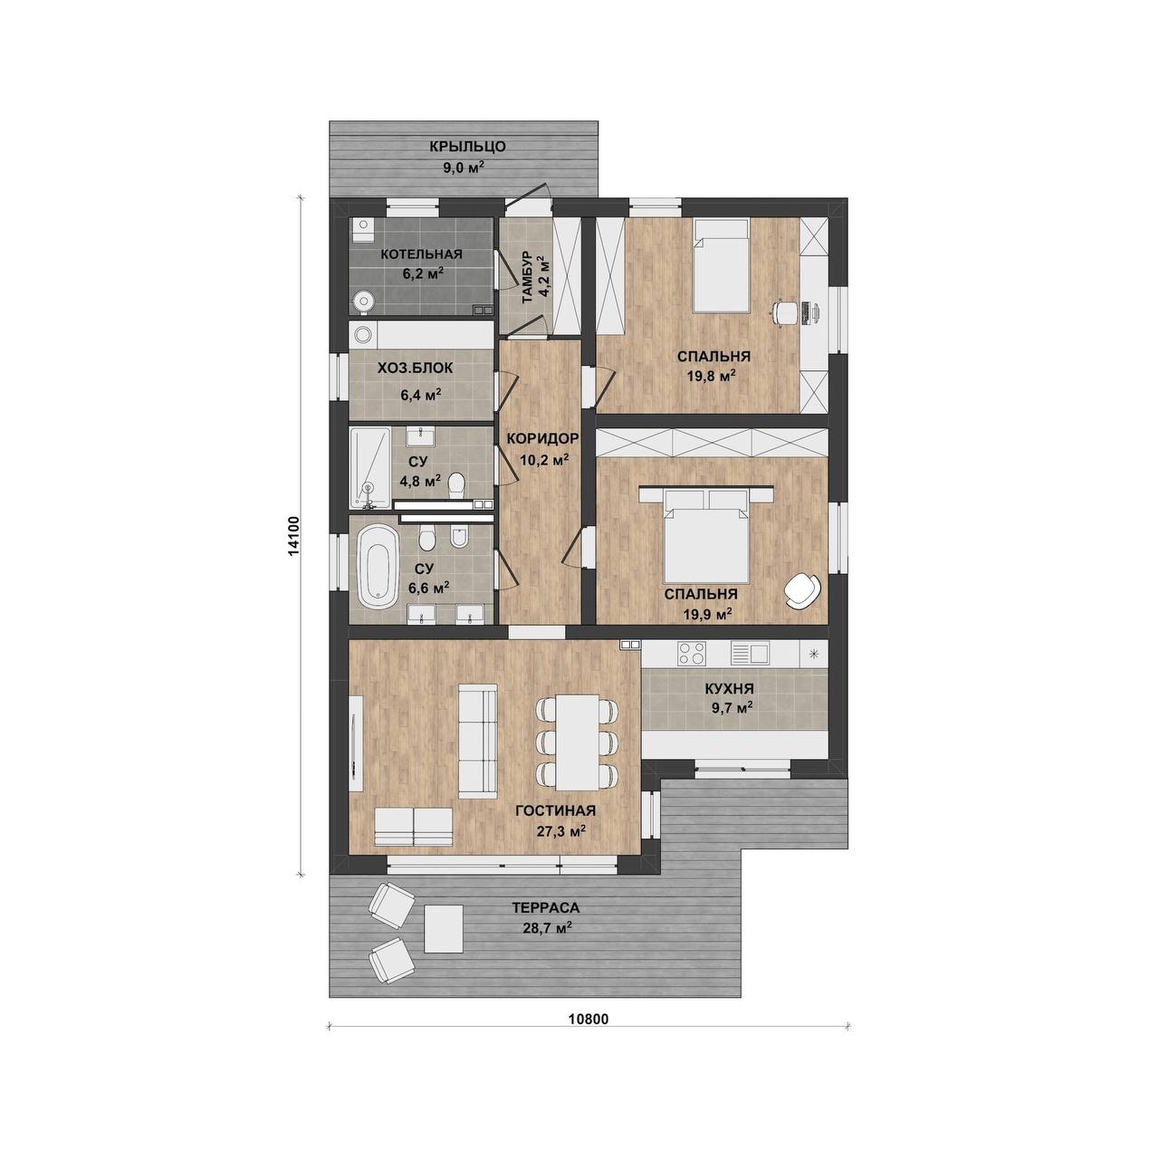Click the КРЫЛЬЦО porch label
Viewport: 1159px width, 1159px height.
467,146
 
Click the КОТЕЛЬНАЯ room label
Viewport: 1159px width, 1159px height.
421,254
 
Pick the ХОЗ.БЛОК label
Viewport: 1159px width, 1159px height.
415,369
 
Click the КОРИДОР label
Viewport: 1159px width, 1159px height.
543,438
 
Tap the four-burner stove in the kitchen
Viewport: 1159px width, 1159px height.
692,654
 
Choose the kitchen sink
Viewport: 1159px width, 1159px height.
750,653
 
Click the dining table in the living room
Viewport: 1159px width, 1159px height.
578,742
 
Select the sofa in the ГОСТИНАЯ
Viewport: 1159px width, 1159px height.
478,742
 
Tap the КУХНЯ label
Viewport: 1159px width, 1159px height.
730,689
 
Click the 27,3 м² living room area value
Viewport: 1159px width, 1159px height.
561,830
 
